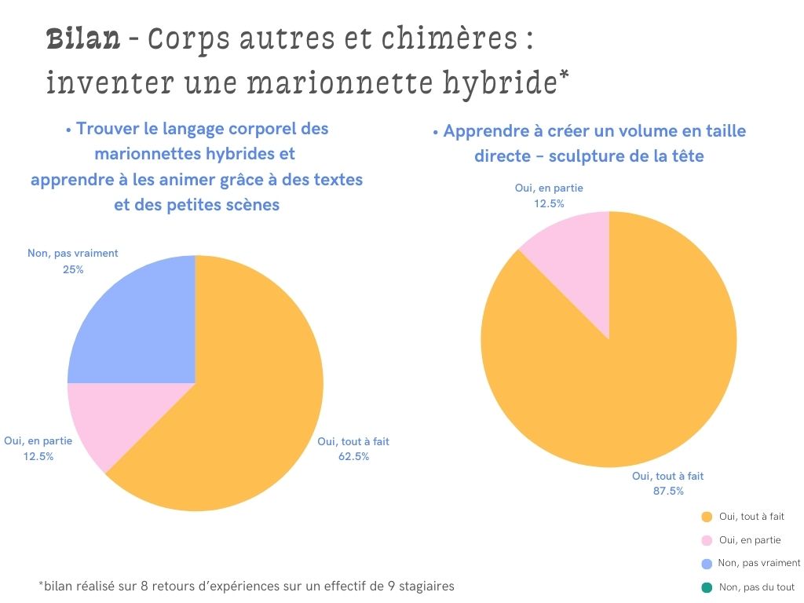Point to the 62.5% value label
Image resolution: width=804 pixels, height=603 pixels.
(x=353, y=456)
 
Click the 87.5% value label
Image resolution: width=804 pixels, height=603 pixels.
(x=668, y=491)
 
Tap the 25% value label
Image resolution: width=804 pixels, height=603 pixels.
(x=73, y=269)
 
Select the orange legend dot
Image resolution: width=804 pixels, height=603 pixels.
(x=706, y=517)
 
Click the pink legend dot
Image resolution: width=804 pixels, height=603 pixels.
(x=706, y=540)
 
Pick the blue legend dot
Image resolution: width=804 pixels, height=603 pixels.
(x=706, y=564)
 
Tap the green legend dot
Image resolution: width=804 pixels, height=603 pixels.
(x=706, y=587)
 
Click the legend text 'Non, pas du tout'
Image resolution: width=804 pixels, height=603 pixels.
(x=756, y=587)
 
